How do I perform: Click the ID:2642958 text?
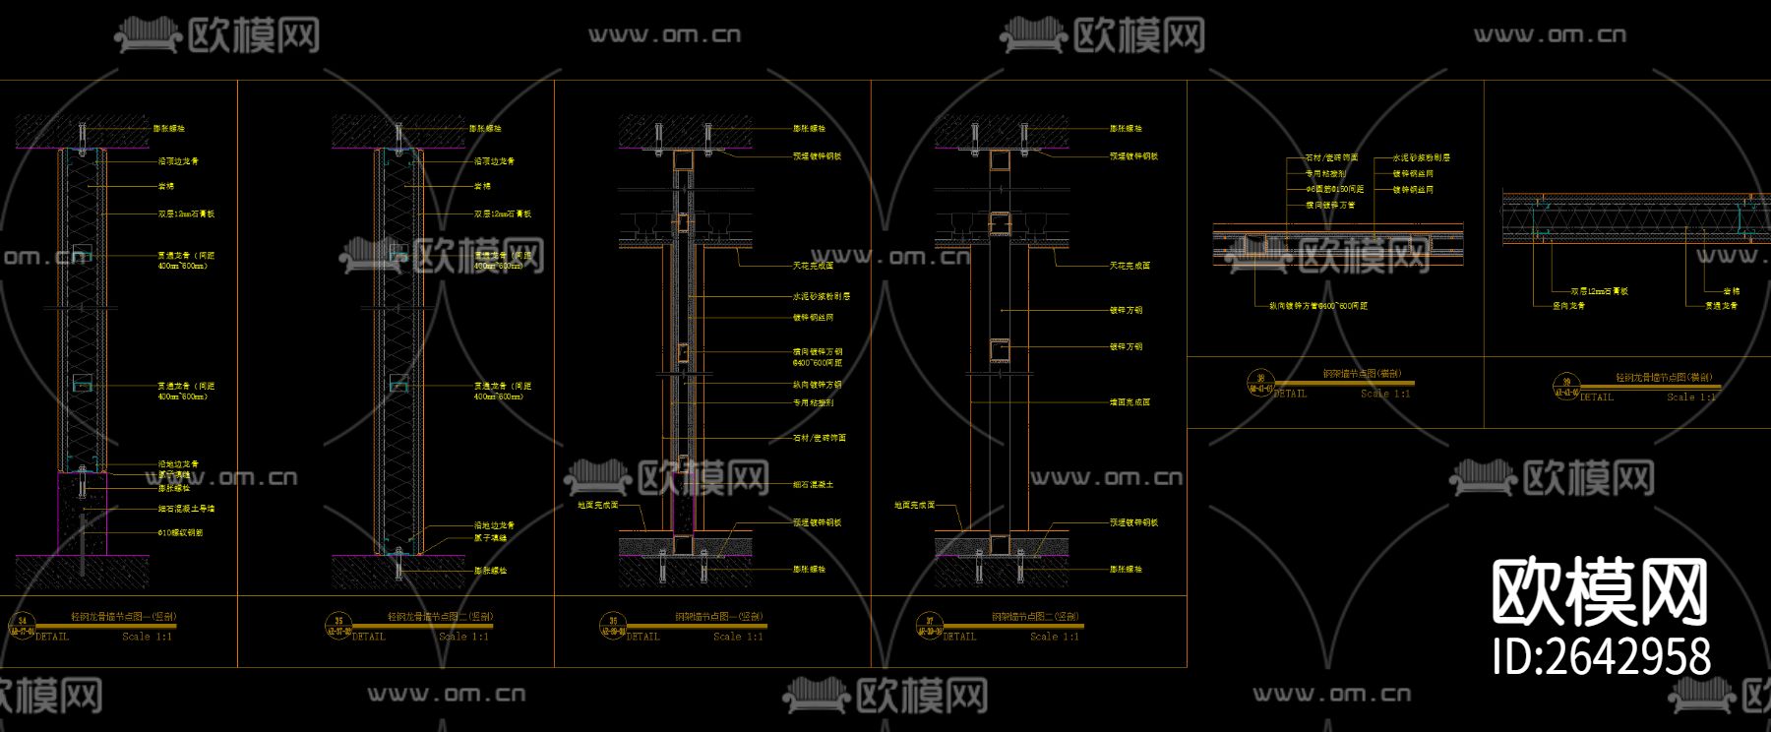click(x=1601, y=657)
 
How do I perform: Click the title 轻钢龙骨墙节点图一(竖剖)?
click(x=123, y=617)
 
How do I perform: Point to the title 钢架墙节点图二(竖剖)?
click(x=1036, y=617)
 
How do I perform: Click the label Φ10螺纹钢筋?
click(x=180, y=533)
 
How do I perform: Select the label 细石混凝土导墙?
click(x=186, y=509)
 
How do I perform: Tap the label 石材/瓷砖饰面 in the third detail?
click(x=820, y=438)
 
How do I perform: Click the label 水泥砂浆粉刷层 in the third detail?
click(x=822, y=296)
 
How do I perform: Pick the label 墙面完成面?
click(x=1130, y=402)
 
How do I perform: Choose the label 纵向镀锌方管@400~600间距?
click(x=1318, y=306)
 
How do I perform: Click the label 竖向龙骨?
click(x=1569, y=306)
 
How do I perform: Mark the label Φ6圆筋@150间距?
click(x=1334, y=189)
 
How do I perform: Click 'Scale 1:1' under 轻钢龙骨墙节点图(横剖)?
click(x=1691, y=396)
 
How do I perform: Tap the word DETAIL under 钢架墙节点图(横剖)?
click(x=1290, y=394)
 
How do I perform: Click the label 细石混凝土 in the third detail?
click(x=813, y=485)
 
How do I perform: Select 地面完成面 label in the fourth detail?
click(x=914, y=505)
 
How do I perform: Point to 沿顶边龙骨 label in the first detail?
click(x=178, y=161)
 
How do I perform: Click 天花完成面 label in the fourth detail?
click(x=1130, y=266)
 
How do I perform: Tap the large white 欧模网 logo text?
click(x=1600, y=592)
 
